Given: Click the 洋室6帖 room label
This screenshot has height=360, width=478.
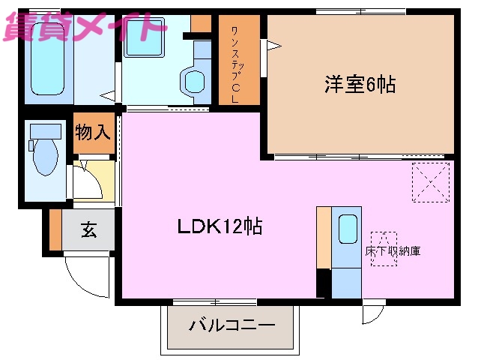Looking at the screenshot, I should [360, 84].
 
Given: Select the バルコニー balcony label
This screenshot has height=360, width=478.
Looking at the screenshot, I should [232, 326].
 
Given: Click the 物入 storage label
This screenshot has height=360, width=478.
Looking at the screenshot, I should [94, 133].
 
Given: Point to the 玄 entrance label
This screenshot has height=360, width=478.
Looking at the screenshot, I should [89, 230].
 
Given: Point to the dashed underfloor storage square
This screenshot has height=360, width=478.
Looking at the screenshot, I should [384, 239].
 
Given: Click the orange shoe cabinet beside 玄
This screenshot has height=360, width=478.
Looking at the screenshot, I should [55, 230].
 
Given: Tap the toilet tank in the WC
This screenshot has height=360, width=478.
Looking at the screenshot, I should [43, 131].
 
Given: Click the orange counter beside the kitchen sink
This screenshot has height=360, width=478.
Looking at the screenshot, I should [324, 237].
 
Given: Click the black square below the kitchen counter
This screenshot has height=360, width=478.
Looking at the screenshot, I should [324, 283].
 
